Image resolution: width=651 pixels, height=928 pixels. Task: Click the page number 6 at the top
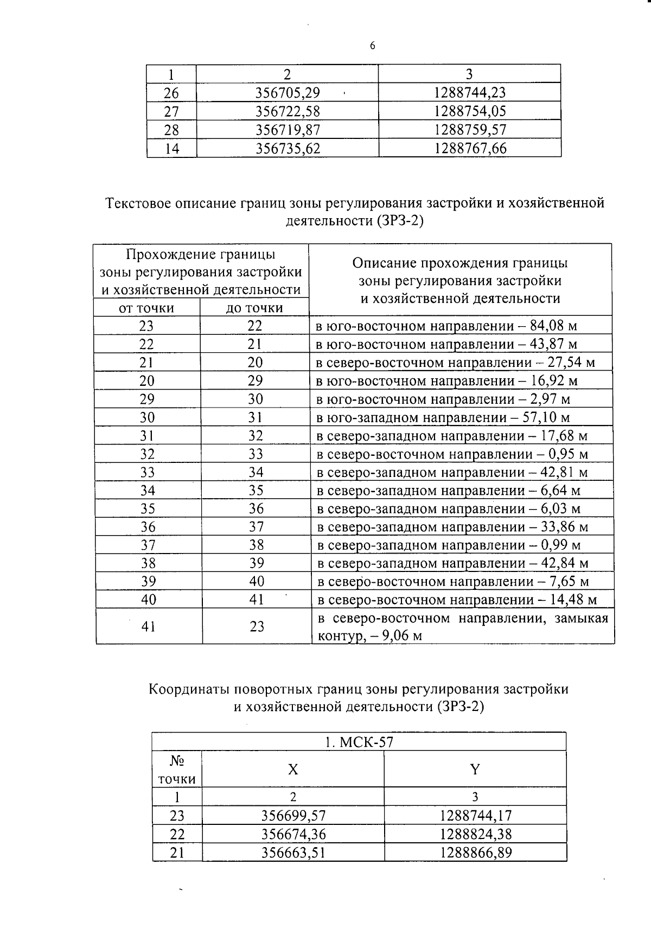(372, 46)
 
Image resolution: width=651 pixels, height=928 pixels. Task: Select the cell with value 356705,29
(288, 93)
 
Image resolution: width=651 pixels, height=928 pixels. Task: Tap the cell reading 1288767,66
(470, 148)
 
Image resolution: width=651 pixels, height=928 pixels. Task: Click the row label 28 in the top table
(171, 130)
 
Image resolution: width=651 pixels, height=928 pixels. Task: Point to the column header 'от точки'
(146, 308)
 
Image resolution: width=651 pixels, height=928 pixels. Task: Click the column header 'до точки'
(254, 308)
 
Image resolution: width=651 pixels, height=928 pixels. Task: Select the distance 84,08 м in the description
(553, 326)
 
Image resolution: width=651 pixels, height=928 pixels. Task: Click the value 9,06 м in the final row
(402, 636)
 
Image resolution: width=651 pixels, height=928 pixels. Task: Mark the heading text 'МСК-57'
(366, 742)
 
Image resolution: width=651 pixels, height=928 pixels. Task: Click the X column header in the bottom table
(293, 769)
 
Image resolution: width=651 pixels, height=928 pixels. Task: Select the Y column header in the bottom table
(475, 769)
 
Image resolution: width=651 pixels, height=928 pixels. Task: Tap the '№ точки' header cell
(177, 770)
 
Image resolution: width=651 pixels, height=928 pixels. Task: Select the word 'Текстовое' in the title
(139, 204)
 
